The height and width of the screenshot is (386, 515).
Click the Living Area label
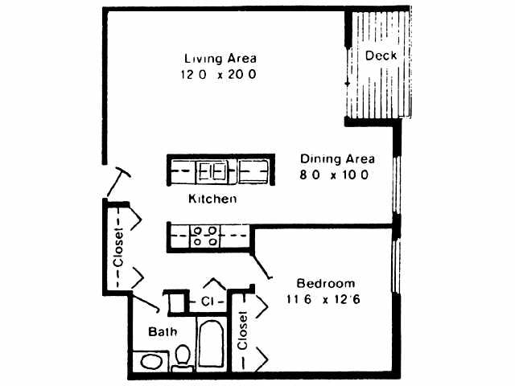pos(220,59)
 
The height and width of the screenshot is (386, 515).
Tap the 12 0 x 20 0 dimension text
pos(219,75)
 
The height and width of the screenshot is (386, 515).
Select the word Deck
pos(379,56)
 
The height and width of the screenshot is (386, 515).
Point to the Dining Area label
pos(334,158)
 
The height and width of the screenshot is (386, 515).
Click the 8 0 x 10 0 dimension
pos(334,175)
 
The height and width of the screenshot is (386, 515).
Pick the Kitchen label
pos(212,198)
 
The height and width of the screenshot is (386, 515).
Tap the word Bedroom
pos(326,284)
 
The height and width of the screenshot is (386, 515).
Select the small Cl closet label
pos(208,302)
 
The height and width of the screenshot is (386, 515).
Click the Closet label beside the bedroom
pos(242,331)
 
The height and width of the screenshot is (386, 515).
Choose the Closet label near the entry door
pos(117,249)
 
